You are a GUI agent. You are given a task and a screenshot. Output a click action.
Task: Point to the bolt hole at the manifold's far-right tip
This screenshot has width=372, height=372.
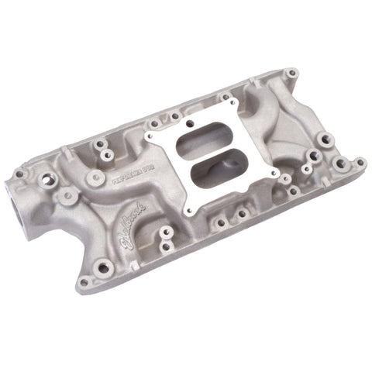360,162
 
